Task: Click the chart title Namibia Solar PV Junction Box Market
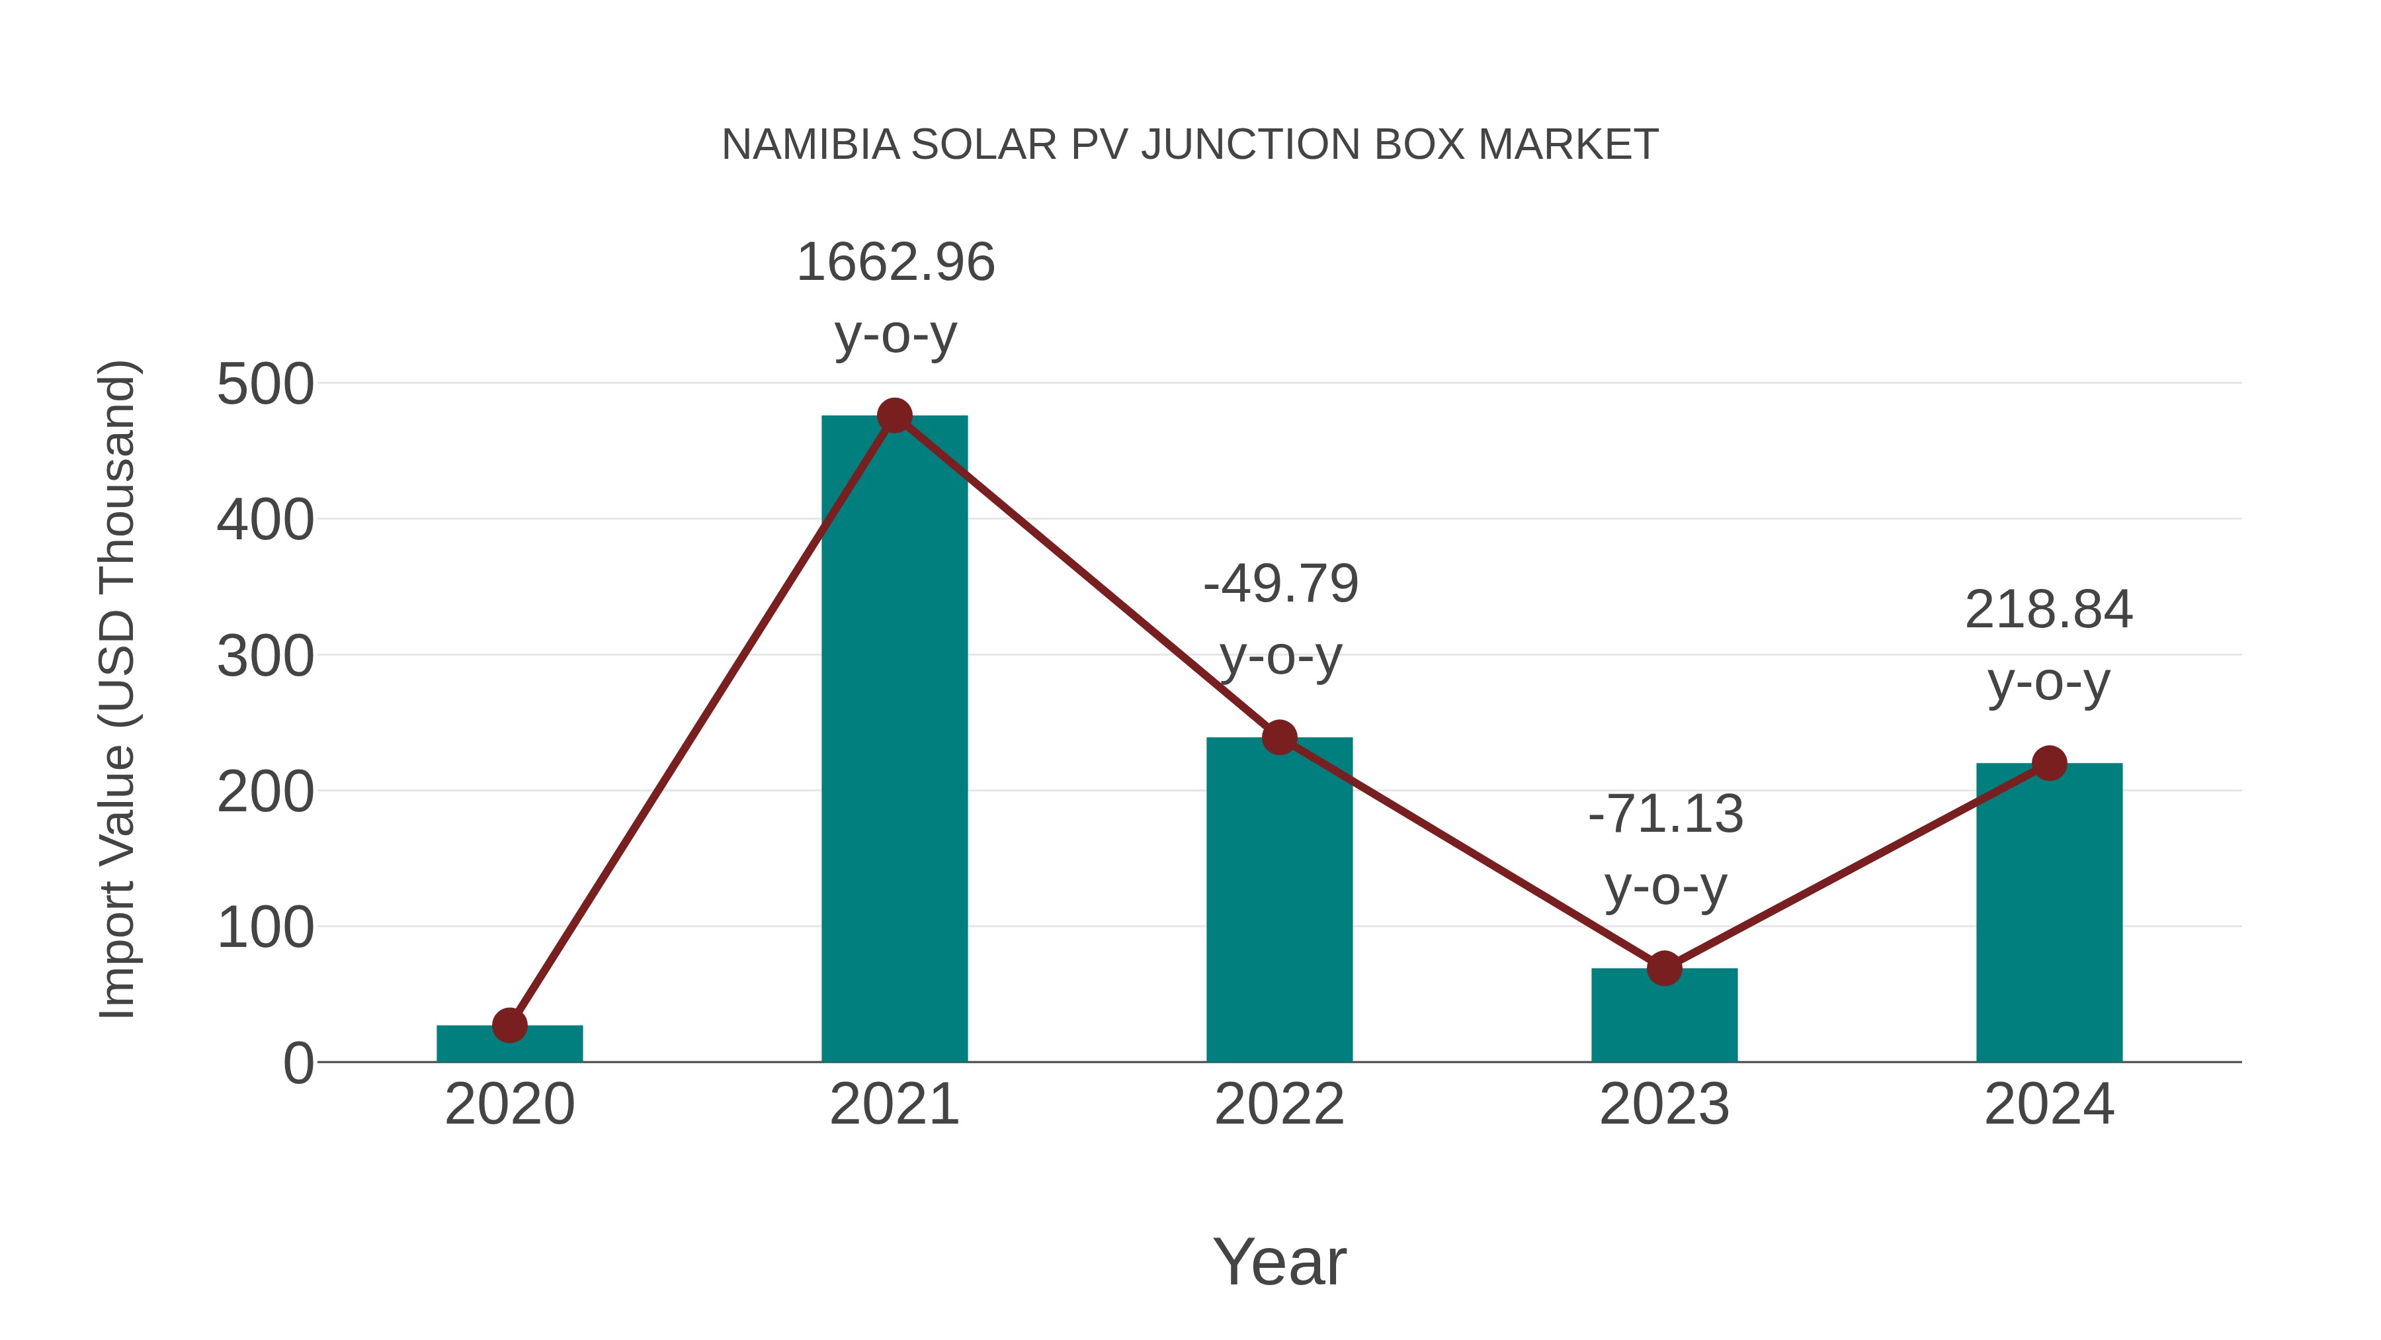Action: click(1190, 145)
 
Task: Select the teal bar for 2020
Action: click(509, 1045)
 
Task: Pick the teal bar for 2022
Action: click(1279, 907)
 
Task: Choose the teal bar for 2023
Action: click(1664, 1017)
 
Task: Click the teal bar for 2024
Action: click(2049, 916)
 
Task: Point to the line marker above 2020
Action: click(509, 1024)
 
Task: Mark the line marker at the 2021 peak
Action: click(894, 416)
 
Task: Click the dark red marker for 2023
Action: click(1664, 968)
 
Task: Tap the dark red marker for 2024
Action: click(2049, 764)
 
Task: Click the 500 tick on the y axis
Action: click(265, 384)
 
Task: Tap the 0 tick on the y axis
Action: click(298, 1063)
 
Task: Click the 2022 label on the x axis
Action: click(1279, 1104)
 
